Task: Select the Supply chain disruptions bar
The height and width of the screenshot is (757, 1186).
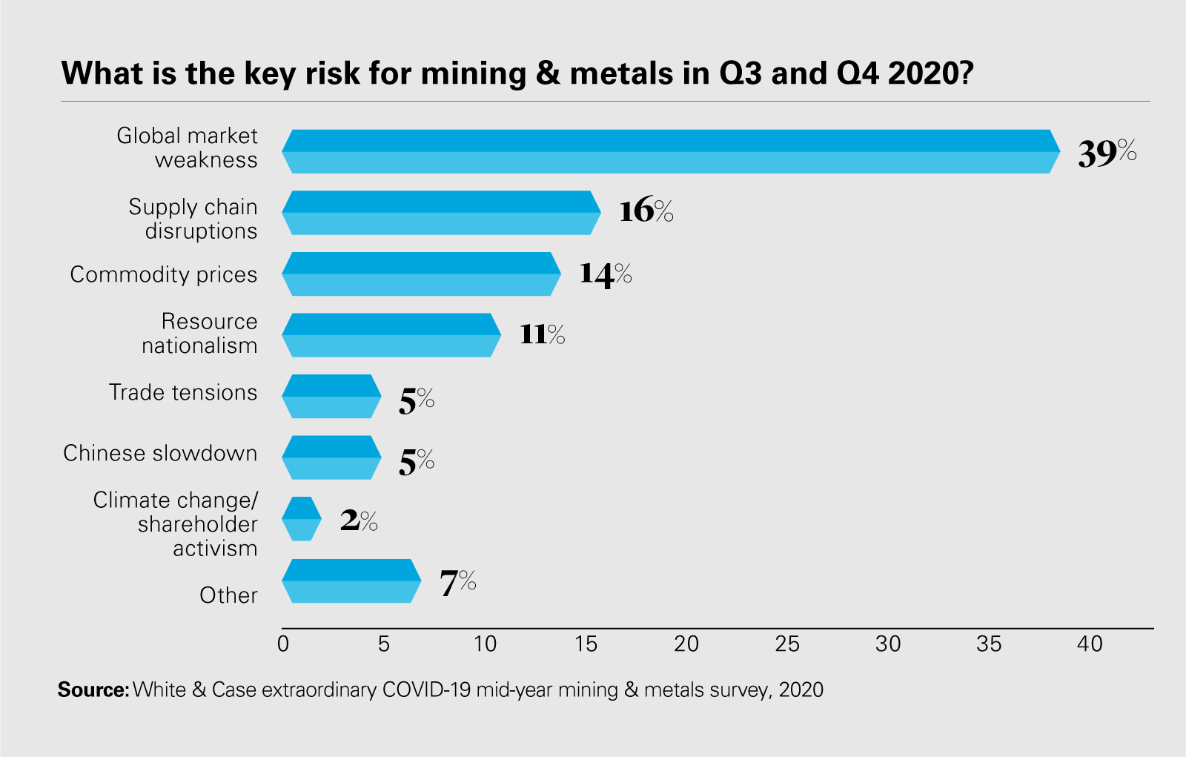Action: click(x=441, y=213)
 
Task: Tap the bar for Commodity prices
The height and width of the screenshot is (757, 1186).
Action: click(x=421, y=274)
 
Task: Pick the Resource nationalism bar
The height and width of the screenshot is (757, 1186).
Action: click(x=391, y=335)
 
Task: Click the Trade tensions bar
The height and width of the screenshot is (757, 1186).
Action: click(x=331, y=397)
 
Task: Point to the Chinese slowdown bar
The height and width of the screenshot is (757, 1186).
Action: click(x=331, y=457)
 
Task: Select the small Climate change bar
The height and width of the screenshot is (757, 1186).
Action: click(x=302, y=519)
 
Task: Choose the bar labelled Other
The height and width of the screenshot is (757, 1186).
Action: click(x=351, y=581)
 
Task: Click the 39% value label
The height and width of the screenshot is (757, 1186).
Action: click(x=1107, y=153)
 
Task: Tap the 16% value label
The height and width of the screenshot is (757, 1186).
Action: click(x=646, y=211)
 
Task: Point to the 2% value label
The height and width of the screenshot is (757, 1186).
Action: click(x=359, y=520)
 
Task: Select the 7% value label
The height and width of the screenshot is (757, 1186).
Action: click(x=457, y=582)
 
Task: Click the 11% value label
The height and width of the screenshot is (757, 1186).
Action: click(x=542, y=334)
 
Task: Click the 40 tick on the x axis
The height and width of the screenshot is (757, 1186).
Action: click(x=1090, y=644)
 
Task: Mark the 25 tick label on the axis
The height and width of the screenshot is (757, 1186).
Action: click(x=787, y=644)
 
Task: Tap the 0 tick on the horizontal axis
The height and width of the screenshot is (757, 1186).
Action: click(x=283, y=644)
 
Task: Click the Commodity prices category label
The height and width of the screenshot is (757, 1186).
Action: click(x=164, y=274)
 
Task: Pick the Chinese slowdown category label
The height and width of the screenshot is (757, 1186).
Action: click(x=160, y=453)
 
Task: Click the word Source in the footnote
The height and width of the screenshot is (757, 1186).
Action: click(x=93, y=690)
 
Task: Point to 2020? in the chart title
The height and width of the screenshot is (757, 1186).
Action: click(x=930, y=73)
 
